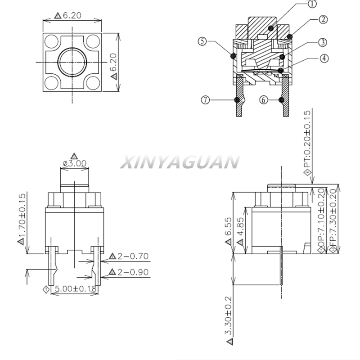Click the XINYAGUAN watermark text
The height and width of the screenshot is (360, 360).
[180, 162]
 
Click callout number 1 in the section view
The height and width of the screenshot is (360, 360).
[312, 4]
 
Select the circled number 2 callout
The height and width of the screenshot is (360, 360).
[323, 19]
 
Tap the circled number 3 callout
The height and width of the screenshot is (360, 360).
[323, 42]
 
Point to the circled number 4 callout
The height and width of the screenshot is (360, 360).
[324, 58]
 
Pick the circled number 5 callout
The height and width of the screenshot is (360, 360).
[202, 41]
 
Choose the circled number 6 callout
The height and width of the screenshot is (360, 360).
[264, 99]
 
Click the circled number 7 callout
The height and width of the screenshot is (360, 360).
[206, 100]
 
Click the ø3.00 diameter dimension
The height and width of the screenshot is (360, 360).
[75, 163]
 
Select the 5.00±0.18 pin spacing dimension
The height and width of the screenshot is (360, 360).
[76, 288]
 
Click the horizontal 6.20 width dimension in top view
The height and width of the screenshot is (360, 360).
[72, 15]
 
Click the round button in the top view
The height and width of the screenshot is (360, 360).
[72, 62]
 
